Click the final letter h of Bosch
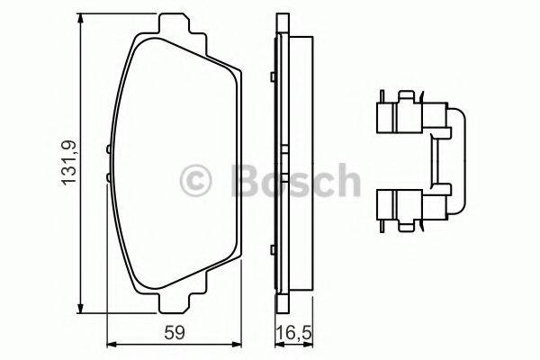pos(344,181)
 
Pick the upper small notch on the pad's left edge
pos(108,149)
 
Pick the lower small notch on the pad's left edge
pos(108,180)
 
